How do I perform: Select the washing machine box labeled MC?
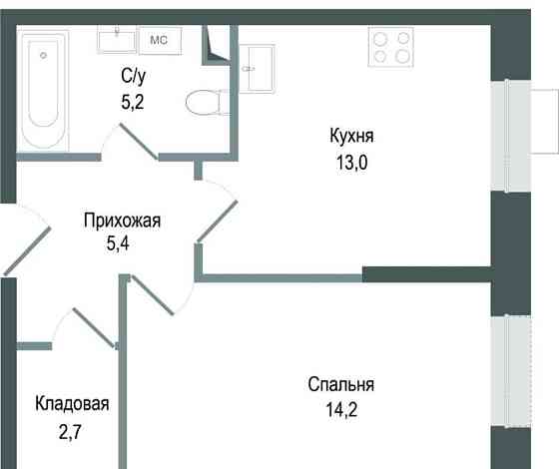(158, 39)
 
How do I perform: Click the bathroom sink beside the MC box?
(117, 39)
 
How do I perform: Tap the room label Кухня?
(356, 135)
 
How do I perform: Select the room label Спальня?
(340, 384)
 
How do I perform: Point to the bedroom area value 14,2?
(340, 408)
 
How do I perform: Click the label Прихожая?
(121, 222)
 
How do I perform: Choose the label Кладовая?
(71, 404)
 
